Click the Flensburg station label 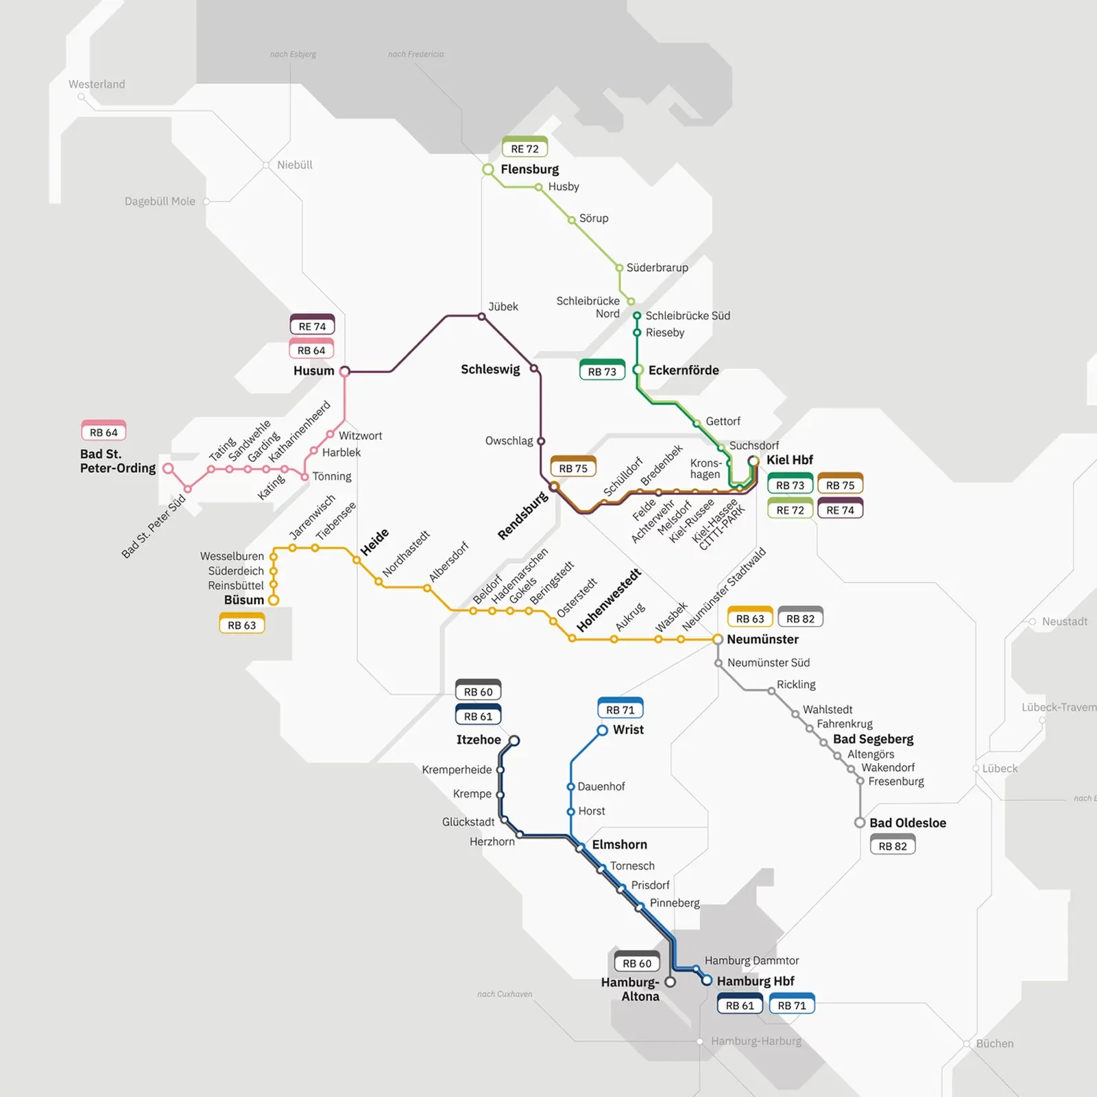tap(529, 169)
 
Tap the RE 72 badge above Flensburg tap(525, 149)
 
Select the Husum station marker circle tap(345, 372)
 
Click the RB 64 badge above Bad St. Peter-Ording tap(104, 433)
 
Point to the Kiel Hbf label tap(789, 460)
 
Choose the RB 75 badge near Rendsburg tap(573, 468)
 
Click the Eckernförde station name tap(683, 370)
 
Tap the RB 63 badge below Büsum tap(241, 625)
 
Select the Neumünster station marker tap(717, 639)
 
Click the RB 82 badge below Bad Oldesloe tap(892, 846)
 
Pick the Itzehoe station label tap(478, 740)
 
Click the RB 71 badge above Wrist tap(620, 710)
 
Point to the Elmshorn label tap(619, 845)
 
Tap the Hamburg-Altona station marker tap(670, 982)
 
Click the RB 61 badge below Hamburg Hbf tap(740, 1005)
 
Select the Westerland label tap(97, 84)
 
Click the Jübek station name tap(503, 306)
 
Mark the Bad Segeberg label tap(873, 739)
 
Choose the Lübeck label tap(999, 769)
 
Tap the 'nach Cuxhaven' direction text tap(505, 994)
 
